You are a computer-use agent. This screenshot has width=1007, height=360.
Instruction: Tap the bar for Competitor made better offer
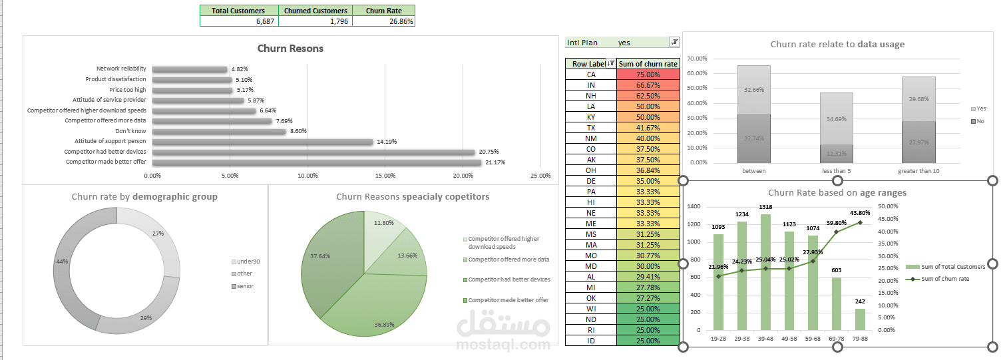tap(316, 162)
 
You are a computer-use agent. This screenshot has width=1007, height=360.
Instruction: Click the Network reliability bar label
tap(120, 69)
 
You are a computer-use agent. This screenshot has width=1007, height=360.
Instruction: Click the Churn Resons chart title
tap(290, 49)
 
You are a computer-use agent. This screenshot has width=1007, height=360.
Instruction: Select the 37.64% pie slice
tap(326, 266)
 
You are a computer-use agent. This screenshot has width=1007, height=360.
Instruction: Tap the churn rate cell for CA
tap(648, 75)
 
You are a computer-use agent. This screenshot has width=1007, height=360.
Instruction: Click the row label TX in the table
tap(590, 128)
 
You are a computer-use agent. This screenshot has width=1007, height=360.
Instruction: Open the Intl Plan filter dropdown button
tap(674, 42)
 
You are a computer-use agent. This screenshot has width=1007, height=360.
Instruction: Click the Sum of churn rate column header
tap(648, 64)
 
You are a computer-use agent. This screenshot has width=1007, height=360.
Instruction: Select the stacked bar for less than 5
tap(836, 126)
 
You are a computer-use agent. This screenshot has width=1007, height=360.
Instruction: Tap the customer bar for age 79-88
tap(860, 319)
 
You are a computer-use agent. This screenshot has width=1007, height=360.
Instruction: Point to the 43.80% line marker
tap(860, 222)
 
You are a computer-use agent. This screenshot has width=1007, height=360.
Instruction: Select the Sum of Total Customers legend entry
tap(950, 267)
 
